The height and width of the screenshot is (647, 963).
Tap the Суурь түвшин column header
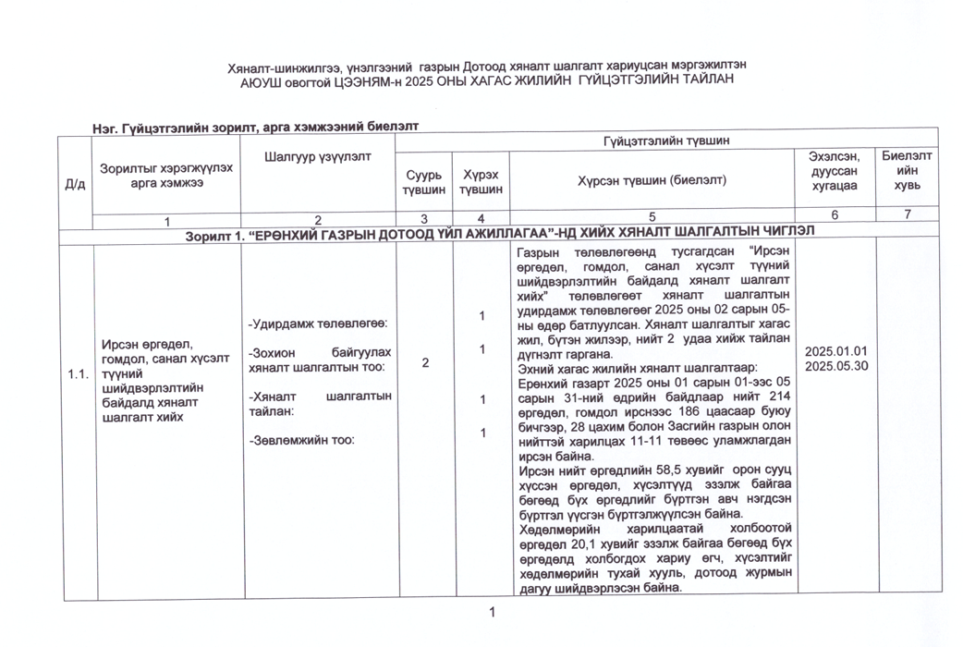[423, 181]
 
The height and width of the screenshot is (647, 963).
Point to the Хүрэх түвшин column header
[481, 181]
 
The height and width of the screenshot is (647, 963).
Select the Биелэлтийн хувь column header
[907, 171]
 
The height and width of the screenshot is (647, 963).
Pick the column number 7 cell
[907, 215]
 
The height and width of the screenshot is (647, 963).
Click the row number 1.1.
[77, 374]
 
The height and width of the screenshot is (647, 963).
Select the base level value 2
[424, 362]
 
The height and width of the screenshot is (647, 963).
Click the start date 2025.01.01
[836, 351]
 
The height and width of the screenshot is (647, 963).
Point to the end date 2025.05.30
[836, 366]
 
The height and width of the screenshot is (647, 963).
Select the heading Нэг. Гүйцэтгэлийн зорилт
[166, 128]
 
